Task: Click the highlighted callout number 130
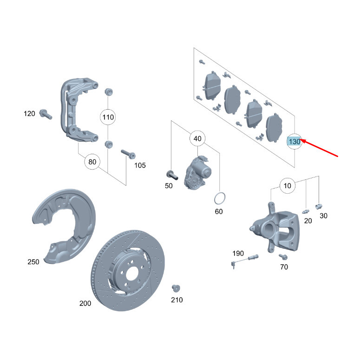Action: pyautogui.click(x=295, y=141)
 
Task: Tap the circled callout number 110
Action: pyautogui.click(x=108, y=117)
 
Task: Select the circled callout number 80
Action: pyautogui.click(x=92, y=162)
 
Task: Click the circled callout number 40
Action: pyautogui.click(x=197, y=139)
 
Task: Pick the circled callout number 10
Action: pyautogui.click(x=288, y=186)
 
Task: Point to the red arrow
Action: pyautogui.click(x=321, y=148)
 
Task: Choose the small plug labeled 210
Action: pyautogui.click(x=176, y=288)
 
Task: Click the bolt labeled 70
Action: pyautogui.click(x=283, y=256)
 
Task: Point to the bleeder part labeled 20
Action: pyautogui.click(x=306, y=210)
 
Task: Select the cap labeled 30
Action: pyautogui.click(x=319, y=206)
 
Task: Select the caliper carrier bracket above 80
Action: pyautogui.click(x=77, y=111)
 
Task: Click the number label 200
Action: pyautogui.click(x=85, y=303)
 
